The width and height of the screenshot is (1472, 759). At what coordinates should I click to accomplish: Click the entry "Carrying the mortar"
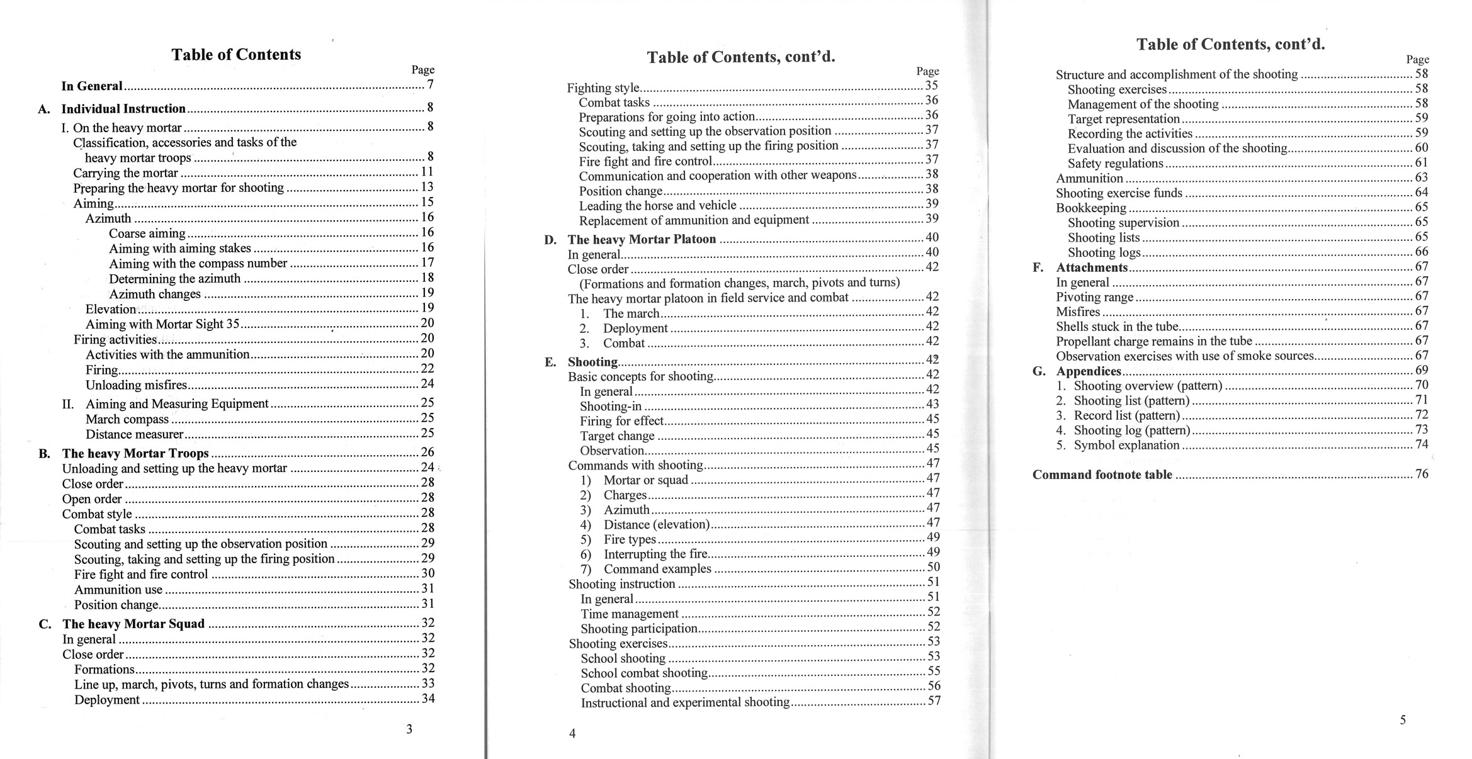tap(125, 173)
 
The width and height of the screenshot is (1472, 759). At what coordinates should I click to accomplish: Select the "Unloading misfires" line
tap(137, 385)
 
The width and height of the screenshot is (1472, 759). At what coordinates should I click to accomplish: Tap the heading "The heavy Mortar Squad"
tap(133, 624)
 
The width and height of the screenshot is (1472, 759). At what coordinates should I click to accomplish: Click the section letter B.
tap(44, 454)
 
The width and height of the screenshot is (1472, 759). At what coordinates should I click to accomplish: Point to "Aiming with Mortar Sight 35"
tap(162, 324)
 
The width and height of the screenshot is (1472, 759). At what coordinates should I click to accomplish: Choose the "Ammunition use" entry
tap(118, 590)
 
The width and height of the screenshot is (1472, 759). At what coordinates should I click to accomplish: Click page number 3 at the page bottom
tap(409, 729)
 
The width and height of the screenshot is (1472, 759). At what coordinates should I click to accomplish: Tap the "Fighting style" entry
tap(603, 88)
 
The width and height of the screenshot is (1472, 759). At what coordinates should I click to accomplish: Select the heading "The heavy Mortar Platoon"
tap(642, 239)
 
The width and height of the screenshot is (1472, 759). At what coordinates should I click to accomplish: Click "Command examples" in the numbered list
tap(657, 569)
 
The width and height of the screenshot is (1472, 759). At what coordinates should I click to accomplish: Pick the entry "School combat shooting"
tap(644, 673)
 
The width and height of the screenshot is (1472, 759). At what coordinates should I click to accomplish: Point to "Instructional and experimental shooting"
tap(685, 702)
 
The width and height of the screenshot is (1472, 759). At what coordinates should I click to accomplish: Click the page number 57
tap(934, 700)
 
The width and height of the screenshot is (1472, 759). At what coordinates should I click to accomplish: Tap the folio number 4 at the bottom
tap(572, 733)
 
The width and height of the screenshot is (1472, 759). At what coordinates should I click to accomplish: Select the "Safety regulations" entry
tap(1115, 164)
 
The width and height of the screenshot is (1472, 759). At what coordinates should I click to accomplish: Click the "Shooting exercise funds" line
tap(1119, 193)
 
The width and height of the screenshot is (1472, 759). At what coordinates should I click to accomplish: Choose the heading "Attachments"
tap(1092, 267)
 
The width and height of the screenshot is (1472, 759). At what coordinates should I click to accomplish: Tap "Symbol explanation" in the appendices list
tap(1126, 445)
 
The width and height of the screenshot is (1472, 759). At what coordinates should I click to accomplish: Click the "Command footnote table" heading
tap(1102, 475)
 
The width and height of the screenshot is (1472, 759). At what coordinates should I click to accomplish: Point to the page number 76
tap(1422, 474)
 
